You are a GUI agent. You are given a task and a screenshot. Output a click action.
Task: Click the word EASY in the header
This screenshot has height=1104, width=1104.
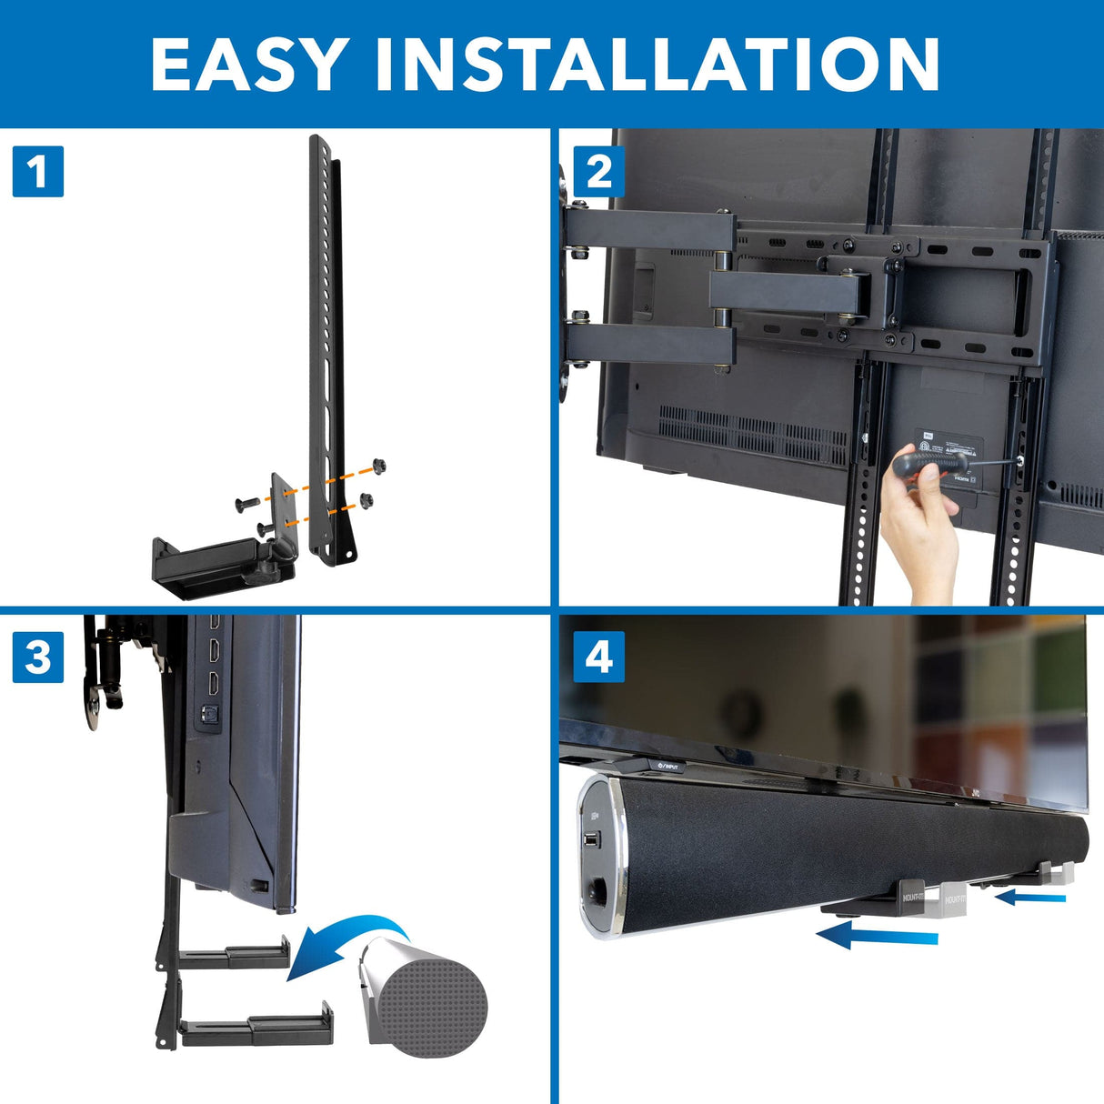[x=246, y=65]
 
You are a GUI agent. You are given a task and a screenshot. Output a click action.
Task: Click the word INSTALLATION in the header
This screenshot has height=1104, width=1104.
[x=657, y=65]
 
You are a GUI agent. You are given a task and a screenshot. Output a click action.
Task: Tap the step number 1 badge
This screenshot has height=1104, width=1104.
[x=38, y=171]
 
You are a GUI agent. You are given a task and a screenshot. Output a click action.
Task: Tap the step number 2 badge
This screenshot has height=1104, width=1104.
[x=599, y=171]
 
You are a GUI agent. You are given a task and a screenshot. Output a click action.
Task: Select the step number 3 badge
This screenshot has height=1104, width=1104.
[x=38, y=657]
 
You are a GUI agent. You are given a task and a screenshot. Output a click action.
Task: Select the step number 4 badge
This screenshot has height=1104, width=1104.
[x=599, y=657]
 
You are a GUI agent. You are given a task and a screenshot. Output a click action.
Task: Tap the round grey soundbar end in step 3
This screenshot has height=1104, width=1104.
[x=437, y=1000]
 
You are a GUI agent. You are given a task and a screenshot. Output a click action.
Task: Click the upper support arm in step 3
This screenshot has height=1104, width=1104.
[x=235, y=955]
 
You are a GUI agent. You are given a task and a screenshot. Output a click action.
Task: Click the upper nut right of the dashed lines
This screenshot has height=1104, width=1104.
[x=379, y=467]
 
